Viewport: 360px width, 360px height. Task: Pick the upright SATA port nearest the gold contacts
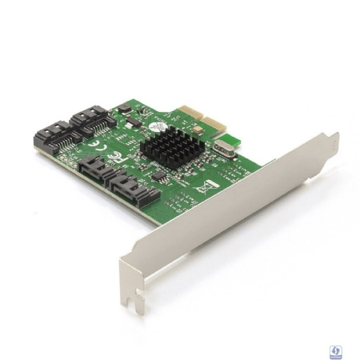tap(90, 120)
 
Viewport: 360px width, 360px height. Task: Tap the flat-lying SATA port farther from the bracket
tap(96, 169)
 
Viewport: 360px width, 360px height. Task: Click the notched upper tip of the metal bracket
tap(328, 143)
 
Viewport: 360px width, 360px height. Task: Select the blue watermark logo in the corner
tap(337, 350)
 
